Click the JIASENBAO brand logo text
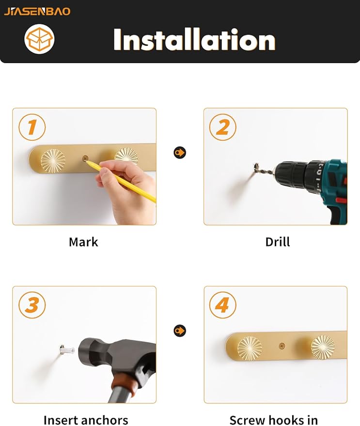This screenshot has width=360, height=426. point(37,12)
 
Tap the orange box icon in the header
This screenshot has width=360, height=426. point(39,39)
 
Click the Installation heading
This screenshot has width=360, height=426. point(194,40)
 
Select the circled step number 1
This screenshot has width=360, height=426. point(32,127)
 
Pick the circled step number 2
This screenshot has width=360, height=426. point(223,127)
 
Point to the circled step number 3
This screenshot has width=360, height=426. point(32,305)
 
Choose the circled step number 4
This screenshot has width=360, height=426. point(223,305)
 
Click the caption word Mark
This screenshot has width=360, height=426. point(83,242)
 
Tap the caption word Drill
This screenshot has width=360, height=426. point(278,242)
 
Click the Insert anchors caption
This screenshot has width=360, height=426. point(86,420)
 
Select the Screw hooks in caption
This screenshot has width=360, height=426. point(274,420)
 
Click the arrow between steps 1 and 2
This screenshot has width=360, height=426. point(180,152)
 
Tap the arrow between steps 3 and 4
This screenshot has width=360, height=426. point(180,331)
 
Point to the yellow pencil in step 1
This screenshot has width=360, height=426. point(121,181)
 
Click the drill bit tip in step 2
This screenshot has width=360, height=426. point(256,165)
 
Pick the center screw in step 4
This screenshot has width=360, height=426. point(282,346)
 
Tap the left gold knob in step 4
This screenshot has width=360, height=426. point(250,348)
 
